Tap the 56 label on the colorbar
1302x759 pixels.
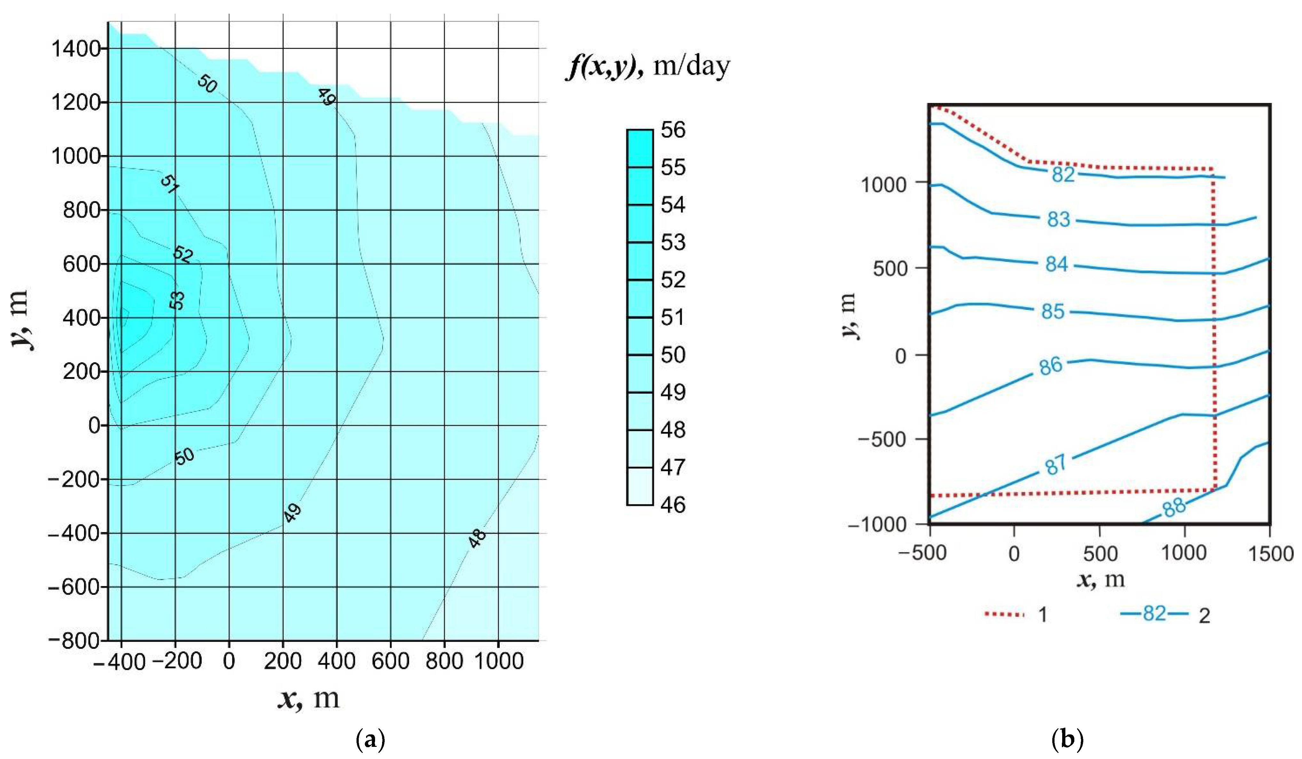click(673, 130)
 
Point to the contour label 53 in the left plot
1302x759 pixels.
click(177, 300)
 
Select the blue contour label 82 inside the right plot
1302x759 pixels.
click(1063, 175)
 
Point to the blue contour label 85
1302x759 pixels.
click(1053, 311)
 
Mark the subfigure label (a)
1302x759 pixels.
click(371, 739)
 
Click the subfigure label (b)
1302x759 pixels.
click(1067, 739)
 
